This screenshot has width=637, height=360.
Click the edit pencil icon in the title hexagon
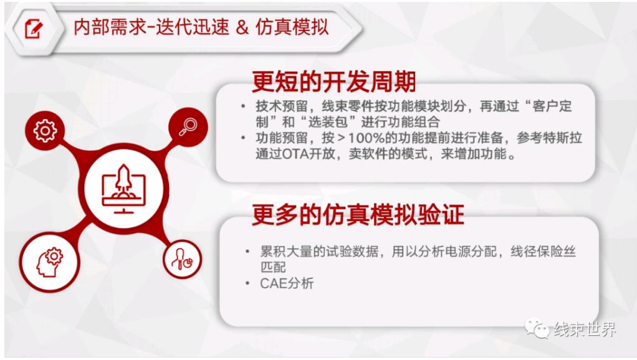click(x=34, y=29)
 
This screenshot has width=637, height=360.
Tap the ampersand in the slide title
click(x=242, y=27)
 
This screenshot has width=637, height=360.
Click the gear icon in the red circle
click(x=45, y=131)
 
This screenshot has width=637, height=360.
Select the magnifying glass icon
click(x=188, y=127)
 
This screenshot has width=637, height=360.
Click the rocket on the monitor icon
click(x=123, y=179)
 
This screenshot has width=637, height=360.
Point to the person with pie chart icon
click(x=182, y=259)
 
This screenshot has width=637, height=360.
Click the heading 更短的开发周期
click(x=334, y=82)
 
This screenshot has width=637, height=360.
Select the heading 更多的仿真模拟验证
click(x=358, y=214)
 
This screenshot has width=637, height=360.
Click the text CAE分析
click(x=287, y=283)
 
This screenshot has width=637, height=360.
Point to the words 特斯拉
click(x=562, y=138)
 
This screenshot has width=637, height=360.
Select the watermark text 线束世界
click(x=585, y=329)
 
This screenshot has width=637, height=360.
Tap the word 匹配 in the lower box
click(x=273, y=267)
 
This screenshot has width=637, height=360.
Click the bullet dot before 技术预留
click(x=243, y=107)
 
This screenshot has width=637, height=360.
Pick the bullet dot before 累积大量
click(x=247, y=252)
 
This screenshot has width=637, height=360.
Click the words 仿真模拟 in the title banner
click(x=292, y=27)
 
